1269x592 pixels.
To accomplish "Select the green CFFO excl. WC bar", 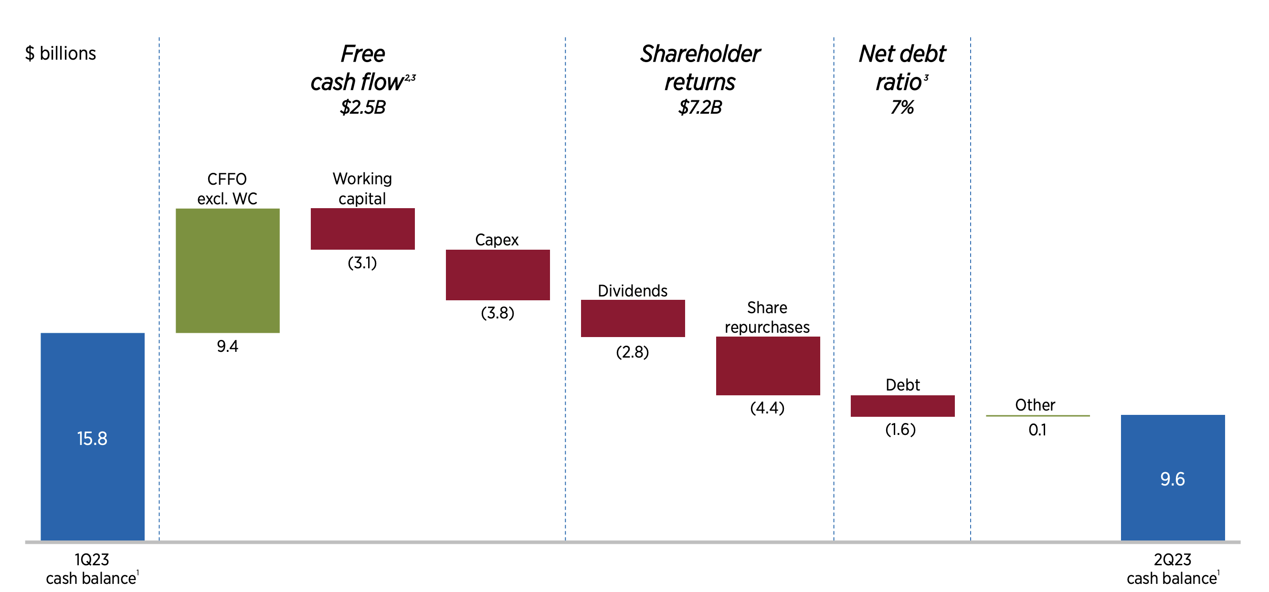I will [228, 270].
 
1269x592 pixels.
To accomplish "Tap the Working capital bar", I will [362, 229].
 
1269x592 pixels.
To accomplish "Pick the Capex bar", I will [497, 275].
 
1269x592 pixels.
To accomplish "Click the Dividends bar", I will [633, 318].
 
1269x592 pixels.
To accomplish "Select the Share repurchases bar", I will [768, 365].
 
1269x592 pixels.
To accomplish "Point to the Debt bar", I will [902, 406].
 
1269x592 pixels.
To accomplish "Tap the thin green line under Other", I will [1037, 416].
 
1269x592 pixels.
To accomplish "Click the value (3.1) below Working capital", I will [362, 263].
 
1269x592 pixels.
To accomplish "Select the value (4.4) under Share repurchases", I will [767, 408].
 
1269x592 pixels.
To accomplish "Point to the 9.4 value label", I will [227, 346].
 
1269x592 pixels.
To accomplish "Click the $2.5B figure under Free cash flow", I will [362, 107].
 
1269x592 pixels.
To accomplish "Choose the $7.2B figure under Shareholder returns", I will [699, 107].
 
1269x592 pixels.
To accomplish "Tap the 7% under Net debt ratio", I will [901, 107].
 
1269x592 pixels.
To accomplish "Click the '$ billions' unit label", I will [61, 53].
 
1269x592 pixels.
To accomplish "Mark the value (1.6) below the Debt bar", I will [900, 430].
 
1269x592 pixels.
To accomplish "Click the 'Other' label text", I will [1035, 405].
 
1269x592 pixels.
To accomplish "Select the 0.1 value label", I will [1037, 430].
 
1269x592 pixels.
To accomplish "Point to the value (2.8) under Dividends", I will [632, 352].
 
